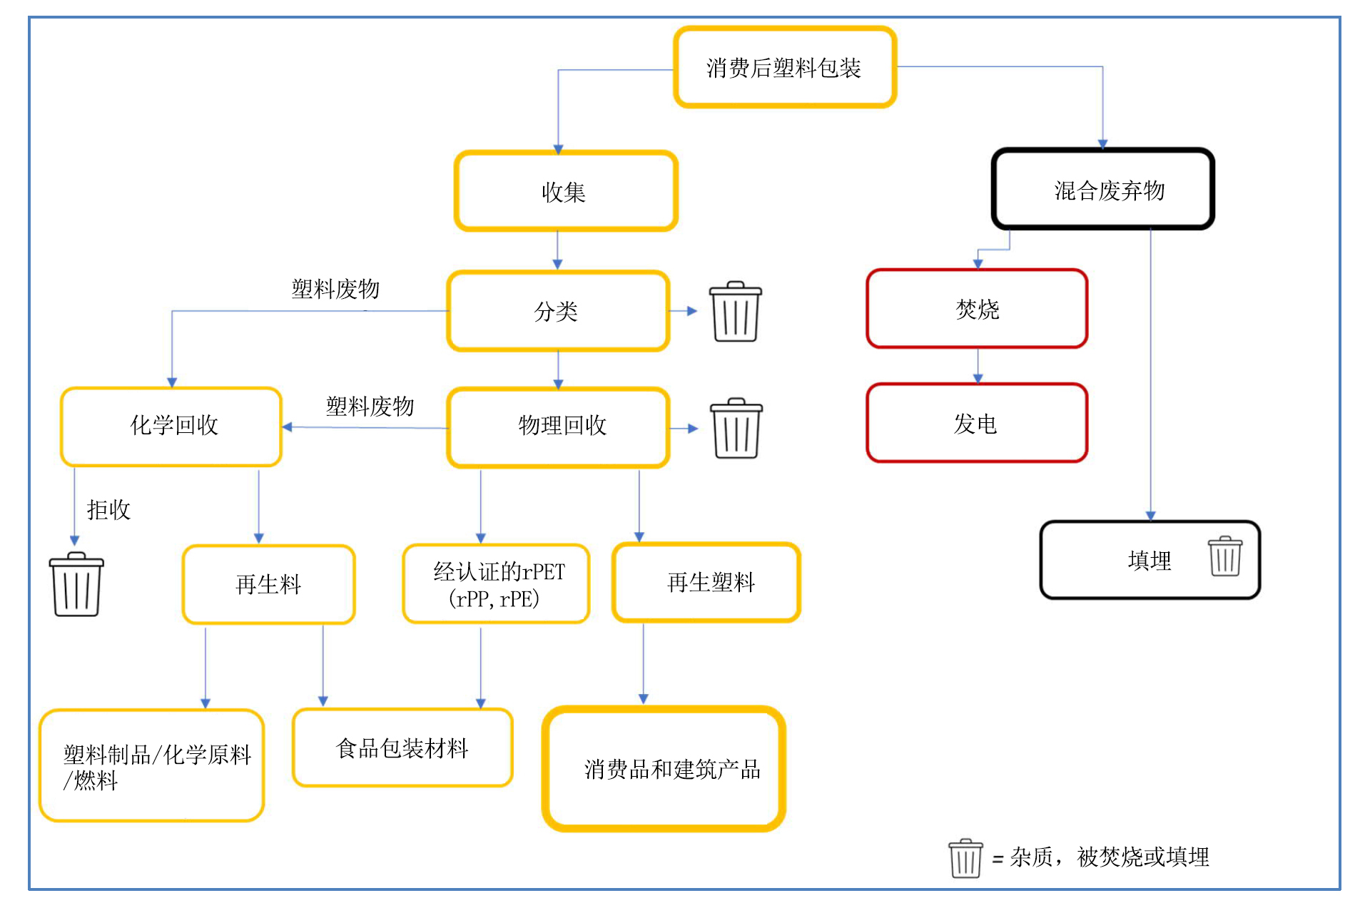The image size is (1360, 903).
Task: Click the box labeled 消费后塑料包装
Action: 784,68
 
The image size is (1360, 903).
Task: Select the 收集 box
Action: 565,191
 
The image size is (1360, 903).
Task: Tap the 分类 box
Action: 558,311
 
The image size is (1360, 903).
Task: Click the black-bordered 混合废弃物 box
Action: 1102,190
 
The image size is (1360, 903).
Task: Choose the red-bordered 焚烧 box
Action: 977,309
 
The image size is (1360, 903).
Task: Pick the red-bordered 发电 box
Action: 977,423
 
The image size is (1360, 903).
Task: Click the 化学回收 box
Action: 171,427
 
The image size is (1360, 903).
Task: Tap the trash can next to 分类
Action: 735,312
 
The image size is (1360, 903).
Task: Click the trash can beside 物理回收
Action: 736,428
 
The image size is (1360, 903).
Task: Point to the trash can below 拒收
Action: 76,584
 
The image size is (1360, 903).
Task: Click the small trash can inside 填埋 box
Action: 1225,556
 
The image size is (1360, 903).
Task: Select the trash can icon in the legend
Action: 965,858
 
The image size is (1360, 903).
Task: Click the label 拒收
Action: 108,509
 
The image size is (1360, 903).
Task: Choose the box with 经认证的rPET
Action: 496,584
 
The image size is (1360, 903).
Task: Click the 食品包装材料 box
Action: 402,748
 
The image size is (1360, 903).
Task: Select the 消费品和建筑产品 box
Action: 664,769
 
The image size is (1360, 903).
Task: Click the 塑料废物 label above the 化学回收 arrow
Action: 370,406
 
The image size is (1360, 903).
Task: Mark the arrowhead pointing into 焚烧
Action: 978,264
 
